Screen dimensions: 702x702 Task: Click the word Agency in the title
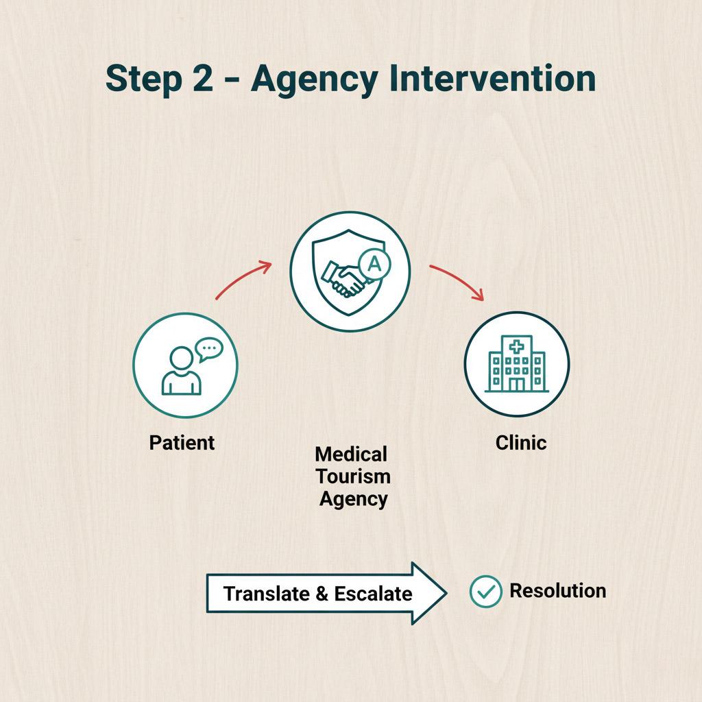click(x=313, y=80)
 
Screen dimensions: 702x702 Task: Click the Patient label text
click(x=182, y=442)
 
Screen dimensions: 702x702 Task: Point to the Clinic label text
click(x=521, y=442)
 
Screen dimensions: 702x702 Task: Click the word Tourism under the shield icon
click(x=353, y=476)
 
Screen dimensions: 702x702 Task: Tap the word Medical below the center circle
click(x=351, y=454)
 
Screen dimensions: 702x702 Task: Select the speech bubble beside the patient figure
click(x=208, y=350)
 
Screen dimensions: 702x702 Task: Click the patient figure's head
click(x=181, y=358)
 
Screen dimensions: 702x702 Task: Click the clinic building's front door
click(x=516, y=384)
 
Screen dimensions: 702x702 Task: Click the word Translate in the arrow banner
click(x=266, y=593)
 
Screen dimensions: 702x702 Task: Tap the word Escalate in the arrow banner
click(x=374, y=593)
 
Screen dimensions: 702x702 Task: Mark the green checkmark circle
click(x=486, y=592)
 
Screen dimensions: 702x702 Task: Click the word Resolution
click(x=557, y=591)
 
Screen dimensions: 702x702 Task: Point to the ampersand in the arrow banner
click(x=322, y=594)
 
